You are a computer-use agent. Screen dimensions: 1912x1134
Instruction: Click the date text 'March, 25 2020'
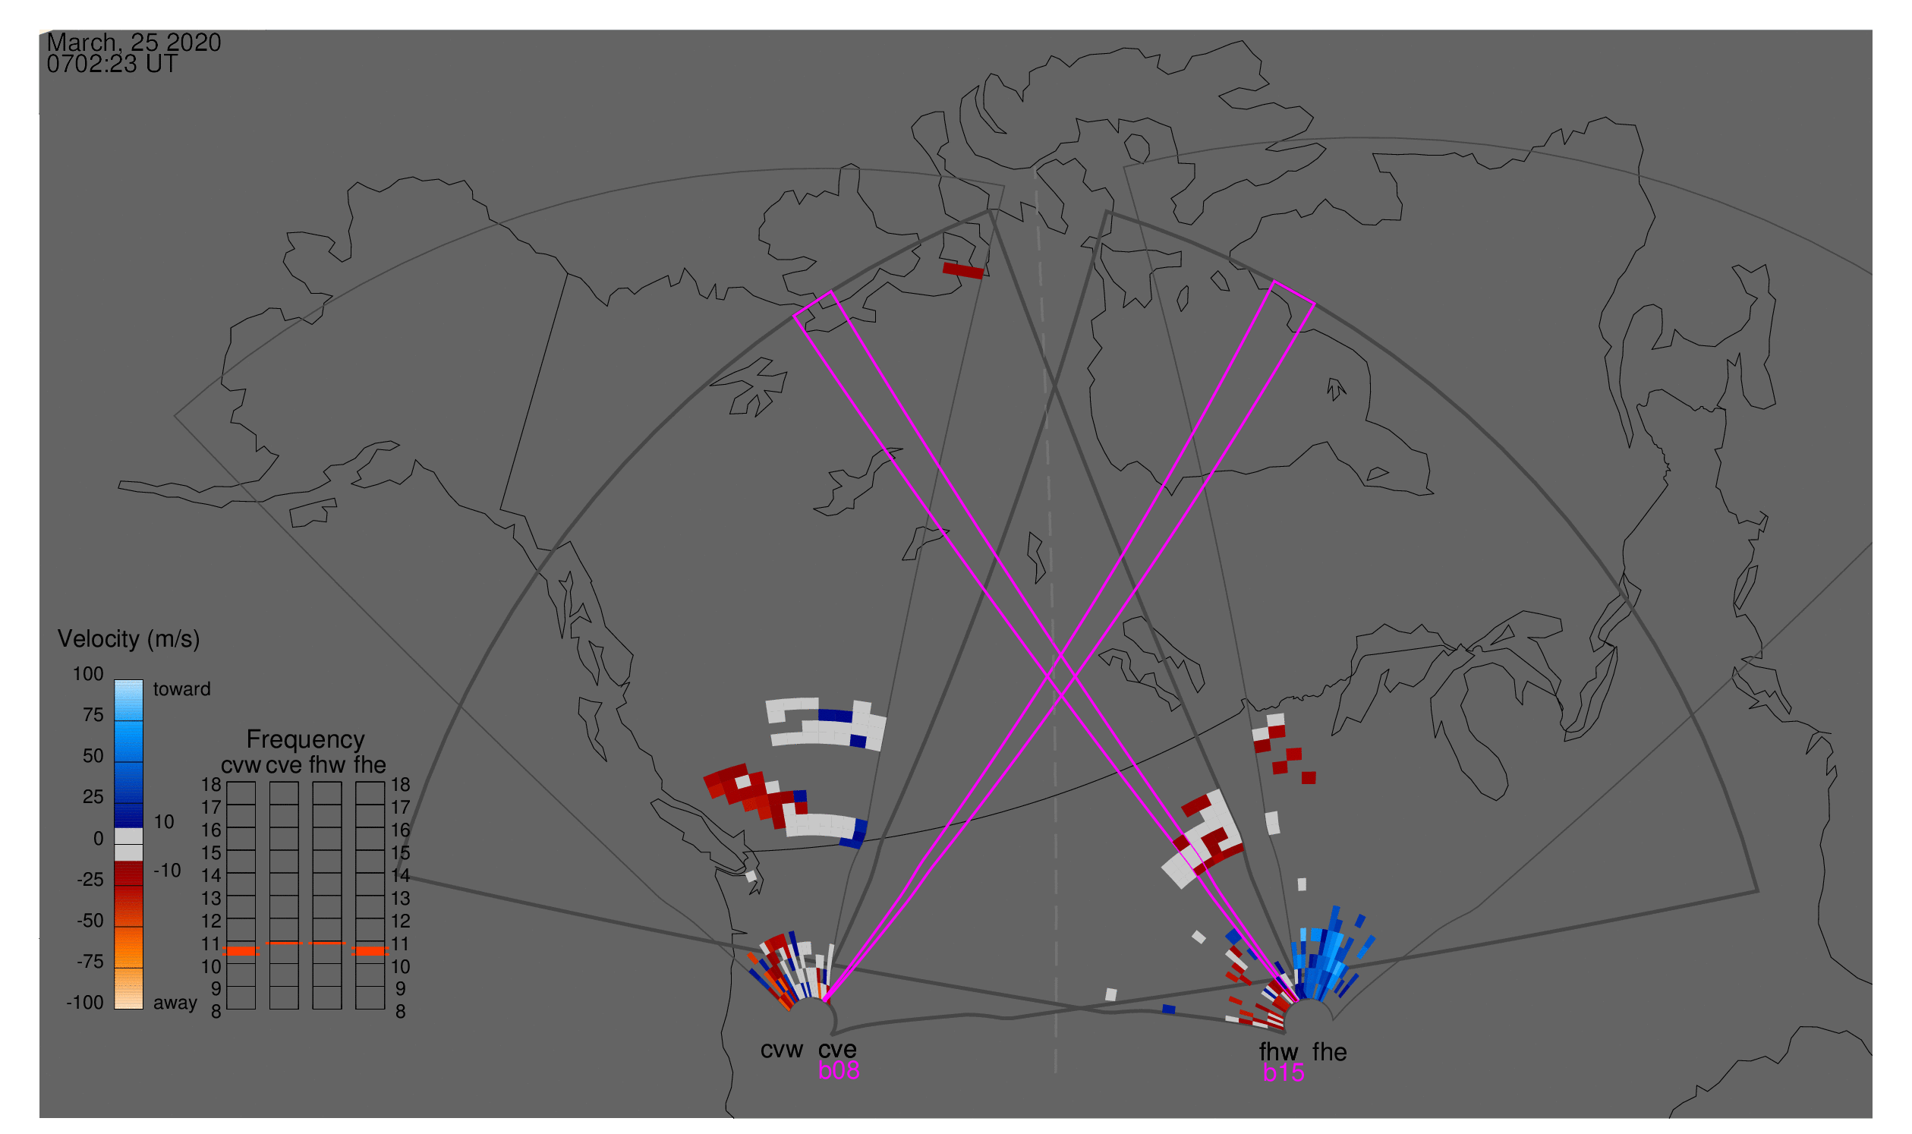[134, 42]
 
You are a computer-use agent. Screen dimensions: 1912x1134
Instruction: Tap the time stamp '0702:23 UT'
[112, 65]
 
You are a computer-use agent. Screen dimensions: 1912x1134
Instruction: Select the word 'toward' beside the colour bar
[182, 690]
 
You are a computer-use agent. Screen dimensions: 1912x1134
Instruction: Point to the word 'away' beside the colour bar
[175, 1004]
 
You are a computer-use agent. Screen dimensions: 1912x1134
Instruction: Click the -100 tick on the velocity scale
[85, 1003]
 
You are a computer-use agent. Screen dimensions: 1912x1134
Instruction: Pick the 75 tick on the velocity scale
[93, 716]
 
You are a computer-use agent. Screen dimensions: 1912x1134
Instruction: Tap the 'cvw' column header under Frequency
[241, 766]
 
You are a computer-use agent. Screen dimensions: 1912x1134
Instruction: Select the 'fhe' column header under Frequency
[370, 766]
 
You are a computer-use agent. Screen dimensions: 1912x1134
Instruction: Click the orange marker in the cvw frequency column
[241, 952]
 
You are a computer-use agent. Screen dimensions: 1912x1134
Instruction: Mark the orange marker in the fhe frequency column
[370, 952]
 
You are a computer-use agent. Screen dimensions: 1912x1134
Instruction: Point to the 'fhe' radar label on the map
[1330, 1053]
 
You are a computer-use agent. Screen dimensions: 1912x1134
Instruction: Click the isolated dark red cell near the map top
[963, 271]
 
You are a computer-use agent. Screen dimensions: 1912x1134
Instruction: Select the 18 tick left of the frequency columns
[211, 786]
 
